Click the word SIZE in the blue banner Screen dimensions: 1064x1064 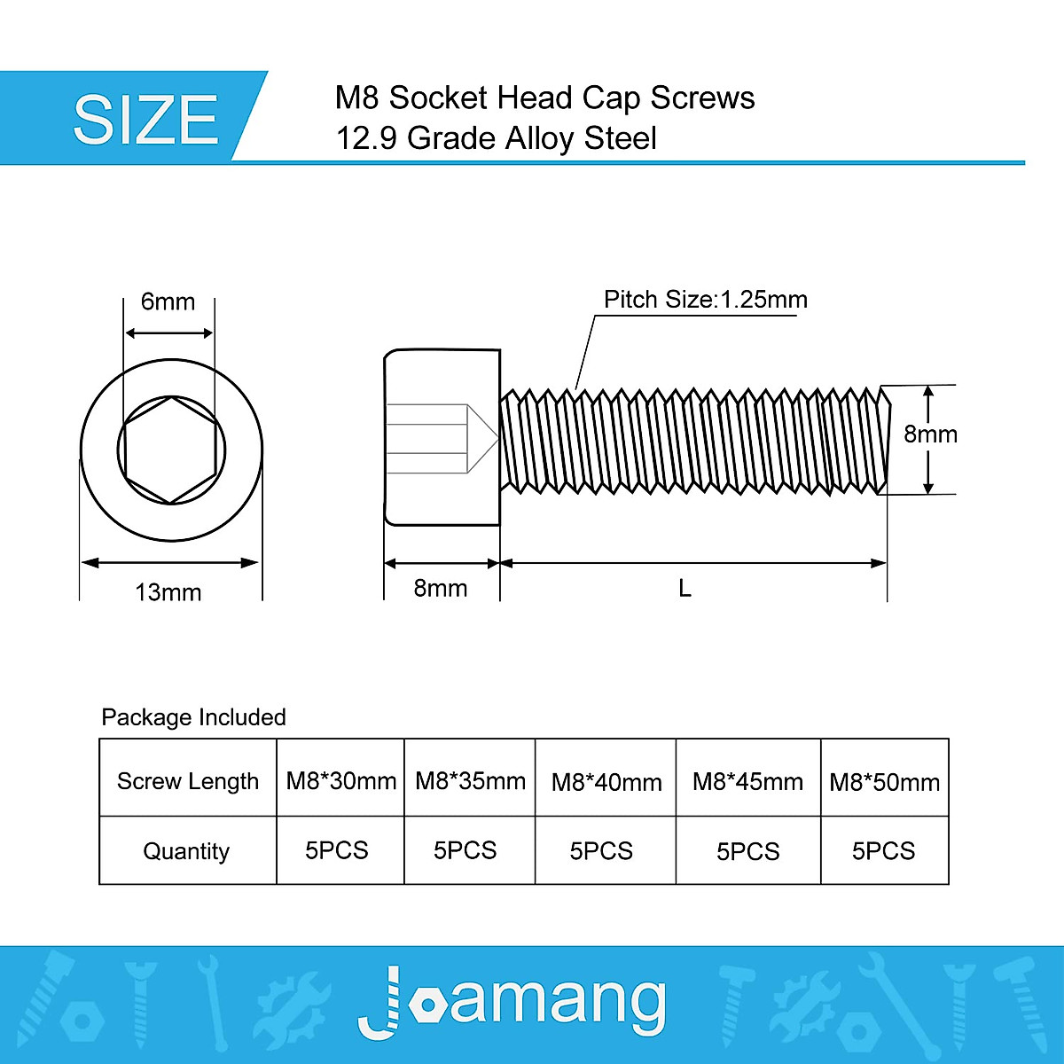pyautogui.click(x=145, y=120)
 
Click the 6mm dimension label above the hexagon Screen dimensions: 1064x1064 pyautogui.click(x=168, y=301)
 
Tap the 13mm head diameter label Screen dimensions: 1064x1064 pyautogui.click(x=168, y=591)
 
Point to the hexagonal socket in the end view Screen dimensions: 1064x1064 pyautogui.click(x=170, y=450)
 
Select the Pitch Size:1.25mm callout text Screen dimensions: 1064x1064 pyautogui.click(x=705, y=300)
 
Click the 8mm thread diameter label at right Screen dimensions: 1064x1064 pyautogui.click(x=930, y=434)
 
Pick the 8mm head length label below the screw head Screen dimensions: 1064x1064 pyautogui.click(x=441, y=588)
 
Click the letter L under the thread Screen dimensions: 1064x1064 pyautogui.click(x=685, y=588)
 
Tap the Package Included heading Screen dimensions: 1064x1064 pyautogui.click(x=193, y=716)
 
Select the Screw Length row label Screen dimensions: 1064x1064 pyautogui.click(x=188, y=781)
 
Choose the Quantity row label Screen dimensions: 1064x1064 pyautogui.click(x=186, y=851)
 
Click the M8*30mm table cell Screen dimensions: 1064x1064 pyautogui.click(x=340, y=781)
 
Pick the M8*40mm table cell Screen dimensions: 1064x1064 pyautogui.click(x=606, y=782)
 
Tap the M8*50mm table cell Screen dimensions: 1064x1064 pyautogui.click(x=884, y=782)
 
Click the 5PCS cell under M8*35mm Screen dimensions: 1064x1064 pyautogui.click(x=465, y=850)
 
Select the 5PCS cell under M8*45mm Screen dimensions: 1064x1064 pyautogui.click(x=747, y=851)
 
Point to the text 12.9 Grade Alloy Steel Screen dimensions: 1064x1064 pyautogui.click(x=496, y=138)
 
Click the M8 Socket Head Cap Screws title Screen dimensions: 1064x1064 pyautogui.click(x=544, y=98)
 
